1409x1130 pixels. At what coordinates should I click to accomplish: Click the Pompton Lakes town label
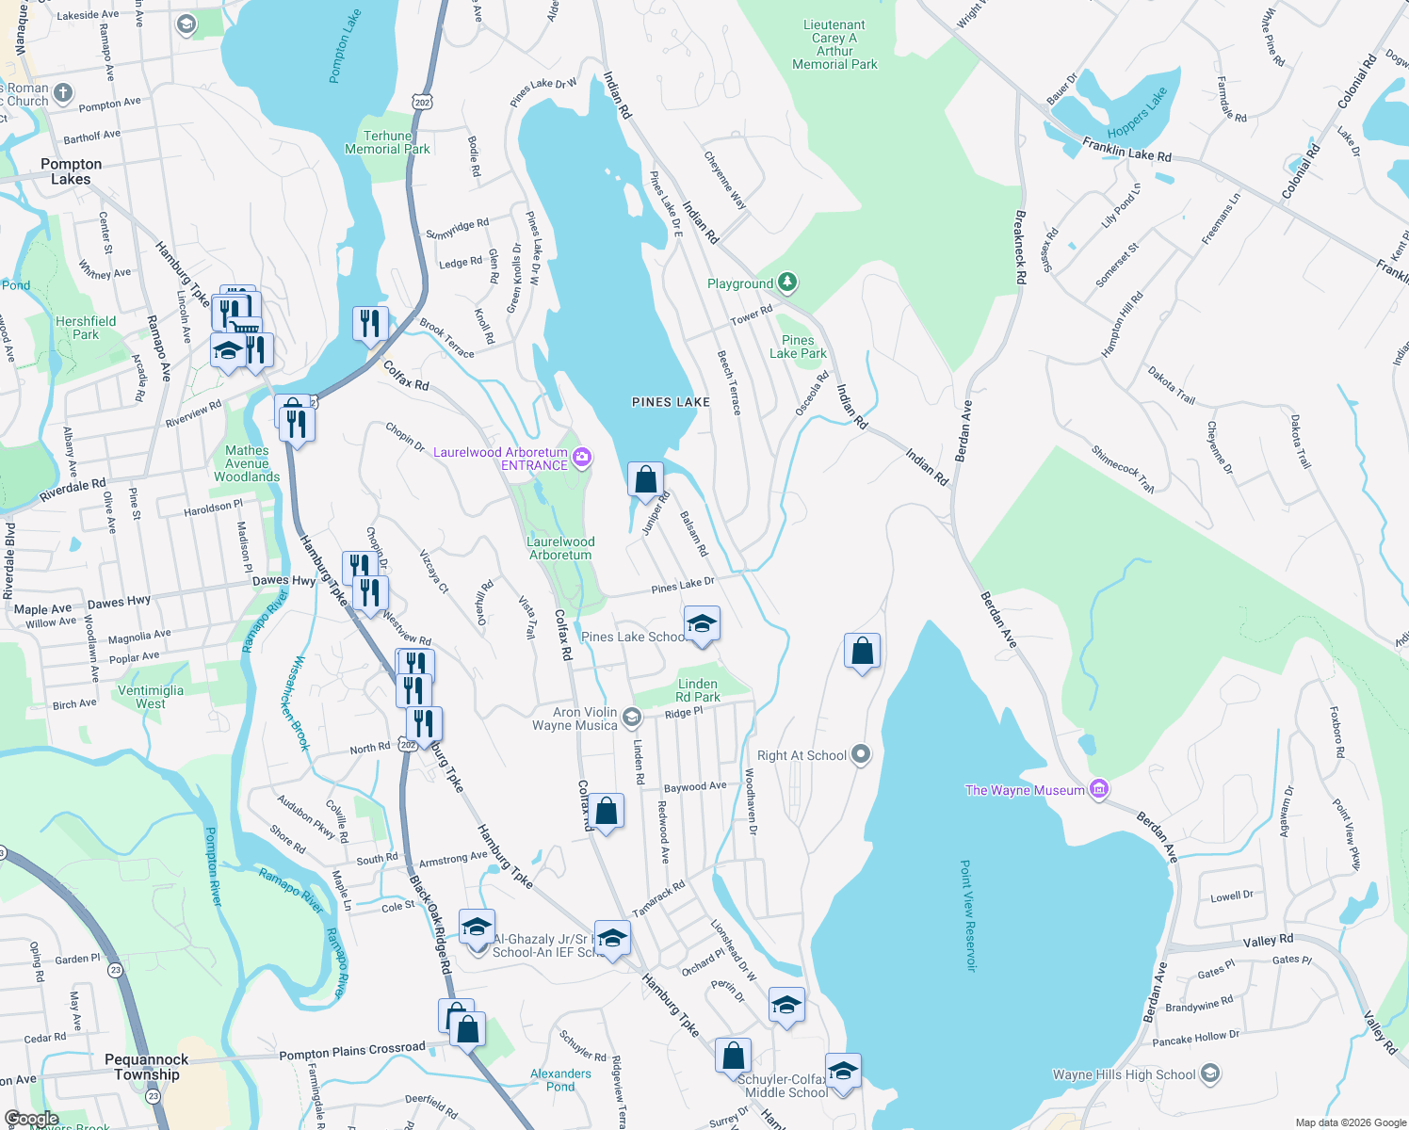(71, 171)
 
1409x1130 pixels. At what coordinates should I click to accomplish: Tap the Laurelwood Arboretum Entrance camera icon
(582, 458)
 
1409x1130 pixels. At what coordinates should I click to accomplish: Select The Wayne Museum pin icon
(1098, 789)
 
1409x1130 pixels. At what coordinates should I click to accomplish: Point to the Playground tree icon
(788, 282)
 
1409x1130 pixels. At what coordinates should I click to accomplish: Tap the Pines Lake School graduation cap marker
(701, 624)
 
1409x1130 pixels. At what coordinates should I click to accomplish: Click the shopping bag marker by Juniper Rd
(645, 480)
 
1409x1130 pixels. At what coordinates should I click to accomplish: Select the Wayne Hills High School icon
(1210, 1073)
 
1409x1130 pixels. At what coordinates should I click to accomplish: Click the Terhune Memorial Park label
(387, 142)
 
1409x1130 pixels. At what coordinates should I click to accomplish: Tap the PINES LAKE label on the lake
(671, 402)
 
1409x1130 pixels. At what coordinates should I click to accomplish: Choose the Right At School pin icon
(860, 754)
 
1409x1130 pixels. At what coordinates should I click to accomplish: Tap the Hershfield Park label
(86, 328)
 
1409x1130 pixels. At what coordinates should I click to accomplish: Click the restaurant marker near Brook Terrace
(370, 324)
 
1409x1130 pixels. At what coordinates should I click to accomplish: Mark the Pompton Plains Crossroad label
(352, 1051)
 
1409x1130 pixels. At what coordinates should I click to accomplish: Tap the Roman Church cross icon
(63, 92)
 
